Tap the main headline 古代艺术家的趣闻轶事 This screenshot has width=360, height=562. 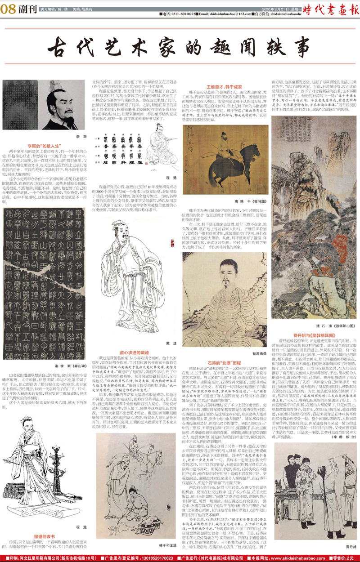click(x=180, y=45)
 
